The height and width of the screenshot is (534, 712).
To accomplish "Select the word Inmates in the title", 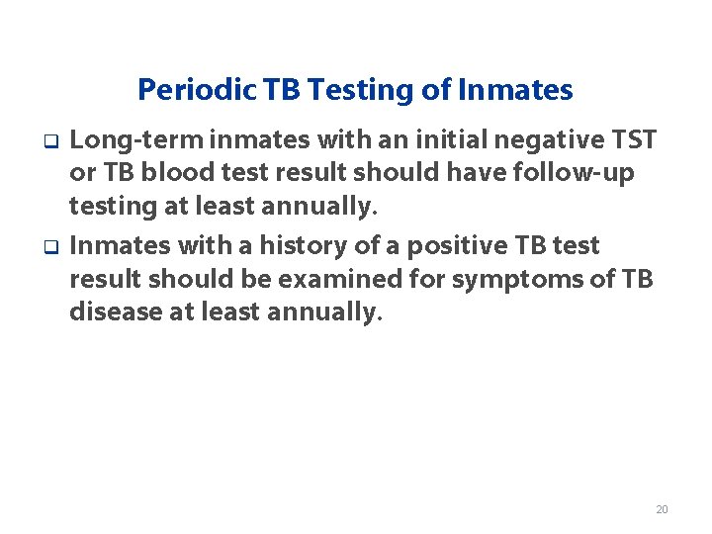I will click(x=516, y=91).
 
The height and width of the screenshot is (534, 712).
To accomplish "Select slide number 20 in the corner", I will click(x=662, y=509).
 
